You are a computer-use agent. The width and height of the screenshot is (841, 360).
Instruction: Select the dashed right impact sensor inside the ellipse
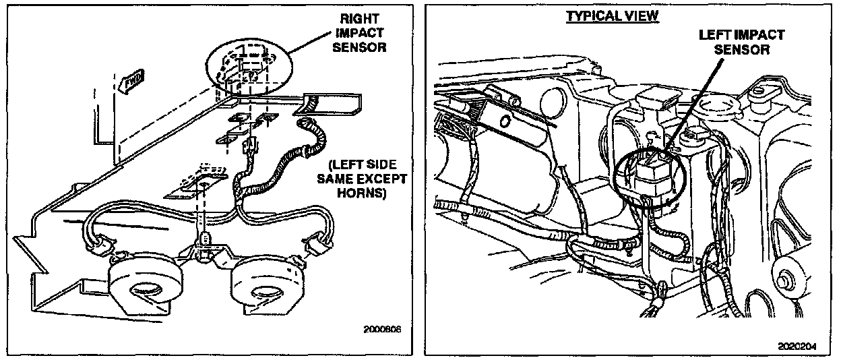pos(247,66)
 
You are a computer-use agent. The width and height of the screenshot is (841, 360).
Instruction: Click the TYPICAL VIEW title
pos(611,16)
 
